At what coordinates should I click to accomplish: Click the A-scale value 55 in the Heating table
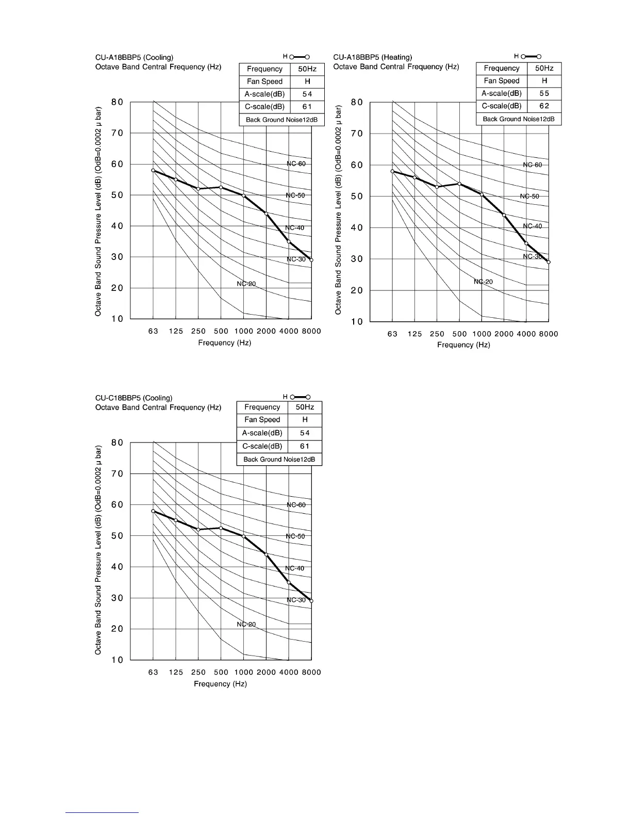[x=544, y=93]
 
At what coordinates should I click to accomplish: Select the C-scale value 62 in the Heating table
[x=544, y=106]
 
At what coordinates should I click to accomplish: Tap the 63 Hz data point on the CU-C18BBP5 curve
[x=153, y=511]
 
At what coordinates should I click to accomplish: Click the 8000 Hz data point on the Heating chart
[x=549, y=262]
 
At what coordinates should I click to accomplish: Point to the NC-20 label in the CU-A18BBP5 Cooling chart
[x=246, y=284]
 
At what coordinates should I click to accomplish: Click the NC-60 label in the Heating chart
[x=533, y=165]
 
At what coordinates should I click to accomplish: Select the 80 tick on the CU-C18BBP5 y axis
[x=118, y=443]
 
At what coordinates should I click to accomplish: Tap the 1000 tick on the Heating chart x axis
[x=482, y=334]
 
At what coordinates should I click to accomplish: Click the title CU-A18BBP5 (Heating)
[x=373, y=57]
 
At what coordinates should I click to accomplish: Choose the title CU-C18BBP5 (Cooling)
[x=134, y=398]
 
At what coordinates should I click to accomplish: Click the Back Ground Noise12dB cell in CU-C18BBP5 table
[x=279, y=459]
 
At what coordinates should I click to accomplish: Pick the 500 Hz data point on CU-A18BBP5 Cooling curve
[x=221, y=187]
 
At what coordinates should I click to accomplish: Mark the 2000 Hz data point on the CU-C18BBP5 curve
[x=266, y=554]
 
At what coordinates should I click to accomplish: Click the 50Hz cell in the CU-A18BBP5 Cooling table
[x=307, y=69]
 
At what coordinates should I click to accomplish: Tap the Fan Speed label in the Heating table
[x=502, y=80]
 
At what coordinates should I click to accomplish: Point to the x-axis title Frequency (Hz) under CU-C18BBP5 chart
[x=220, y=683]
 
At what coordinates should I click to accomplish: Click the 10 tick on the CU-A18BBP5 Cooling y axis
[x=118, y=319]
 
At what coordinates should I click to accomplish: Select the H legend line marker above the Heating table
[x=531, y=56]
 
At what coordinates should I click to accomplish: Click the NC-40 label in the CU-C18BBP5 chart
[x=295, y=568]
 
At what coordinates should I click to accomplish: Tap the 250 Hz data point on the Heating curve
[x=437, y=187]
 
